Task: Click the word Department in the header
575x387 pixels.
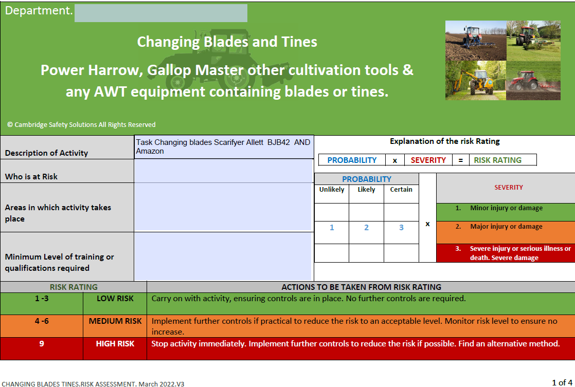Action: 38,11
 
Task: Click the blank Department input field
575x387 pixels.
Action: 160,13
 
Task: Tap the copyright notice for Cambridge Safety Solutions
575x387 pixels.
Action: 81,124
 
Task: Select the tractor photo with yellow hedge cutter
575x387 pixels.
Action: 476,81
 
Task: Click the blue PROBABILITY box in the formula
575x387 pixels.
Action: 352,160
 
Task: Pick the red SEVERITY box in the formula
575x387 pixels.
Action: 428,160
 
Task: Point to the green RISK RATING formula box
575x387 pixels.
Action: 503,160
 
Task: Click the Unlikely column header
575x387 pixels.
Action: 332,190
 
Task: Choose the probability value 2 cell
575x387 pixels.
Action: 366,228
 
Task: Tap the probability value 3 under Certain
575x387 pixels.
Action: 401,228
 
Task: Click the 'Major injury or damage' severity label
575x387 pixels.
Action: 506,227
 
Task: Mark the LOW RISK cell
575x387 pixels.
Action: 115,303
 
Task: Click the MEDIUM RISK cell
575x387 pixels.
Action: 115,326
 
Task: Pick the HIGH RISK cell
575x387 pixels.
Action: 115,348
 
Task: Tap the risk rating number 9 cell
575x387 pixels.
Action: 42,348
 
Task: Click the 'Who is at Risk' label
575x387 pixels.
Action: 31,177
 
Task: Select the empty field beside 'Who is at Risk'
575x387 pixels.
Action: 223,171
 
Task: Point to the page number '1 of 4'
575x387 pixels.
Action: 562,382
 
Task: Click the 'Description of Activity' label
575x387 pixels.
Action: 47,153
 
